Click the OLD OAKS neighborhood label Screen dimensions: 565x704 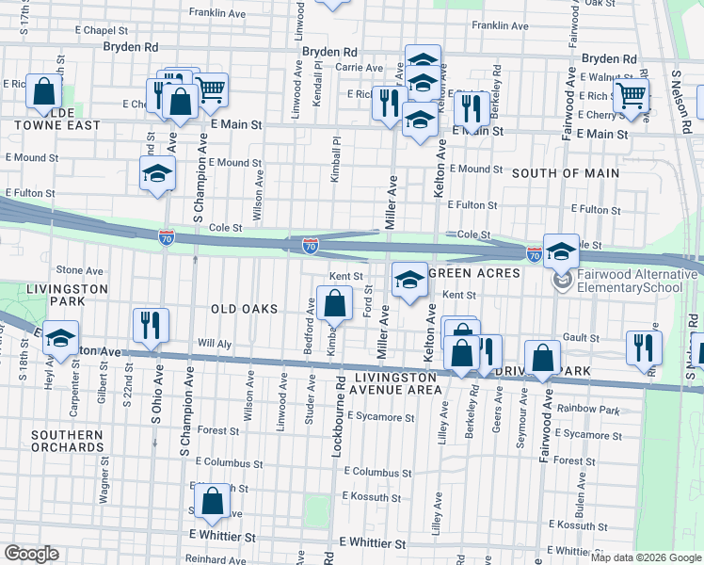click(x=244, y=309)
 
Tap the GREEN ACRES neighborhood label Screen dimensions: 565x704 click(x=475, y=273)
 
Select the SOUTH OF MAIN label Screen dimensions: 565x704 click(x=566, y=173)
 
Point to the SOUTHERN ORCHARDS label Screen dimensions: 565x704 click(x=66, y=443)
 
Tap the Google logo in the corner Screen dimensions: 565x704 click(x=32, y=553)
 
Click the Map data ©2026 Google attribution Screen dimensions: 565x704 click(x=646, y=557)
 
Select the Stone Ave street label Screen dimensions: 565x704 click(x=79, y=270)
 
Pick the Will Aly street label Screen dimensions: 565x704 click(x=214, y=343)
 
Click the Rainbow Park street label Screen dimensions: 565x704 click(x=587, y=409)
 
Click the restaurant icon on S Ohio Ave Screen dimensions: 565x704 click(x=151, y=325)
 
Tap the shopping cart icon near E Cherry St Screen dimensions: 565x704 click(x=631, y=94)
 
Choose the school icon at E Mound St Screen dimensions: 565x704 click(x=157, y=172)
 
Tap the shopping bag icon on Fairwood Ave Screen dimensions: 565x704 click(x=543, y=357)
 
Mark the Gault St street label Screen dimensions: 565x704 click(x=581, y=338)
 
